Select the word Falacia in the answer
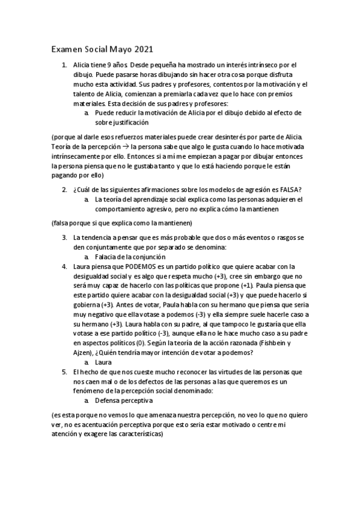[106, 257]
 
